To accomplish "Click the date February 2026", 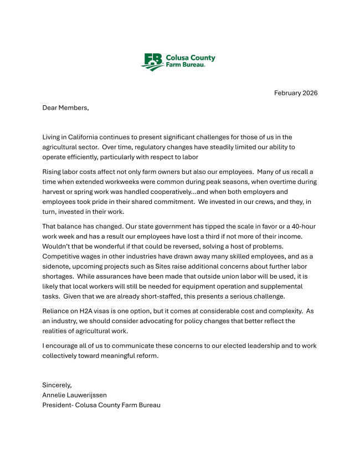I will click(x=296, y=93).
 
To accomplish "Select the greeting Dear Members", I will click(x=65, y=107).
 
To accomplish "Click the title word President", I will click(x=58, y=405).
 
